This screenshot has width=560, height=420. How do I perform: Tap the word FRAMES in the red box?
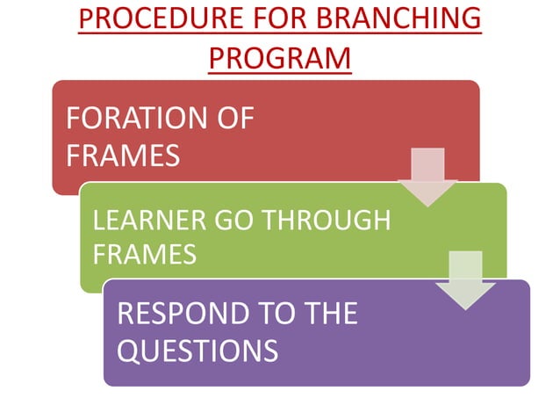123,155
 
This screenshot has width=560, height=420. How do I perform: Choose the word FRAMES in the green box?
144,254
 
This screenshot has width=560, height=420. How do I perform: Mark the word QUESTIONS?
197,351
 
